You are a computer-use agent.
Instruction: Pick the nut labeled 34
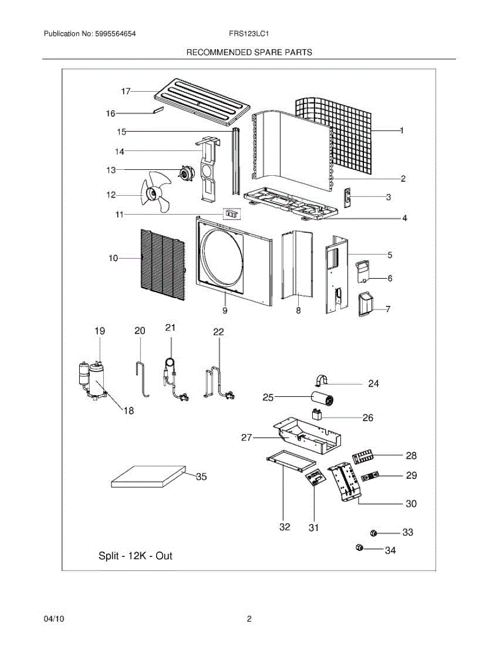coord(360,548)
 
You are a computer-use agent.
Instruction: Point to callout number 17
coord(125,92)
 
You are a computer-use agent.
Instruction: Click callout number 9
coord(225,311)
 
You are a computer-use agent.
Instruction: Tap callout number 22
coord(218,332)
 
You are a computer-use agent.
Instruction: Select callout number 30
coord(411,504)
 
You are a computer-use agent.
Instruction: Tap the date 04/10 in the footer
coord(54,620)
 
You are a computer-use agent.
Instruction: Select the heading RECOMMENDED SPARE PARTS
coord(249,52)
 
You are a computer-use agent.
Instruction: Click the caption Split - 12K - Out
coord(135,556)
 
